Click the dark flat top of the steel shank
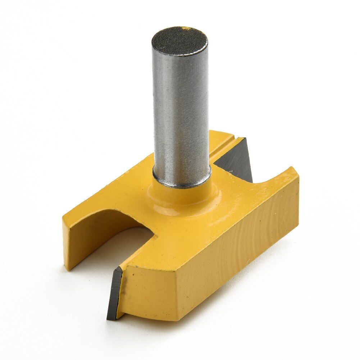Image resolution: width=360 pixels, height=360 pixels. (179, 40)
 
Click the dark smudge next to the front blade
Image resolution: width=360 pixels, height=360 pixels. (126, 288)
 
